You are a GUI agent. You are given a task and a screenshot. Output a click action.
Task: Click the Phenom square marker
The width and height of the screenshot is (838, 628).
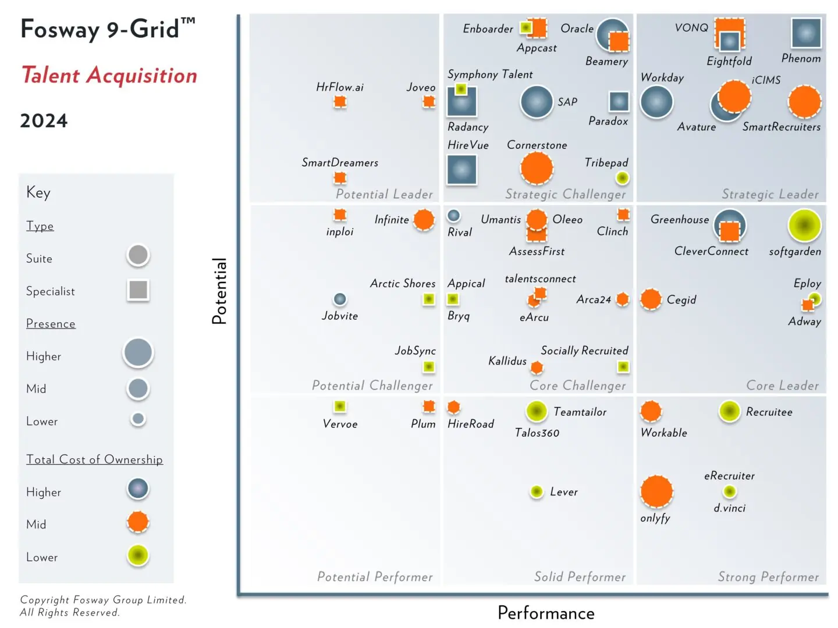click(x=806, y=33)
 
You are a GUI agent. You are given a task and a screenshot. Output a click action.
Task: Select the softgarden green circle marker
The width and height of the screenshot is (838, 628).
click(x=804, y=226)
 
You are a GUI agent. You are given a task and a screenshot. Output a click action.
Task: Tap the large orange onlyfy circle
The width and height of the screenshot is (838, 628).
click(x=656, y=491)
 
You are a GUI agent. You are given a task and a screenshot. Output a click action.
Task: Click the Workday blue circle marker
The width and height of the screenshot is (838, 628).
click(x=656, y=102)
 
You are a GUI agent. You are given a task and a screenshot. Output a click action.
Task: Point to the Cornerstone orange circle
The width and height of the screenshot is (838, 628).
click(x=537, y=168)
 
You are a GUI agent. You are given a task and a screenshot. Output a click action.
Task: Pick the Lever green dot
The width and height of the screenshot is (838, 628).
click(x=537, y=491)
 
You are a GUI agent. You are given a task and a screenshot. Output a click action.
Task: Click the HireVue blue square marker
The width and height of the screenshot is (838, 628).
click(x=462, y=170)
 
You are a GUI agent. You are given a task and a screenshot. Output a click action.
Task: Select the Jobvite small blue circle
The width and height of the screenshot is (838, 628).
click(x=340, y=299)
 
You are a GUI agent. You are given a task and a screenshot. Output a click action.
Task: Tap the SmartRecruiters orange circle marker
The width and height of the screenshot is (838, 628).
click(x=804, y=101)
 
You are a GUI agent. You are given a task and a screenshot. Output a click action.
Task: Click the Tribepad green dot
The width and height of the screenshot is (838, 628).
click(x=622, y=177)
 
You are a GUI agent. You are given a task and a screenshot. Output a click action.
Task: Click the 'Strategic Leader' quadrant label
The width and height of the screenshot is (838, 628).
click(x=770, y=194)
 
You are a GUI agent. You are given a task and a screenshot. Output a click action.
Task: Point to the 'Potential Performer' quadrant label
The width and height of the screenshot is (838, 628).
click(x=375, y=577)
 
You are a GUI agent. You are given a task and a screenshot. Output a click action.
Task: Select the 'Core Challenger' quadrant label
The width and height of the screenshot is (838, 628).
click(x=577, y=386)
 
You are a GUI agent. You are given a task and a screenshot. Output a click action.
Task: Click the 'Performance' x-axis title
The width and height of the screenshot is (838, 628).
click(x=546, y=613)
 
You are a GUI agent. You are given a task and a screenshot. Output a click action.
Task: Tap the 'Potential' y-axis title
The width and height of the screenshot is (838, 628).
click(x=219, y=291)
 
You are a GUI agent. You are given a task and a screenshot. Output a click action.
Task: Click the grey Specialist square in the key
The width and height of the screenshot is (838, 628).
click(x=138, y=290)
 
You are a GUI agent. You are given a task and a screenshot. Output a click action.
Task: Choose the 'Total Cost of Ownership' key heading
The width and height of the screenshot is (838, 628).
click(x=94, y=459)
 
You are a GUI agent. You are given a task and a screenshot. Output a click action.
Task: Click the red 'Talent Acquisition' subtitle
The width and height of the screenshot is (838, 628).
click(x=109, y=76)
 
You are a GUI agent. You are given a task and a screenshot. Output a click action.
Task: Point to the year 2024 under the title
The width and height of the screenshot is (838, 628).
click(x=44, y=121)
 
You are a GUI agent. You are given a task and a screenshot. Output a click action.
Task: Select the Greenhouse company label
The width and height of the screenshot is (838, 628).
click(x=680, y=219)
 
